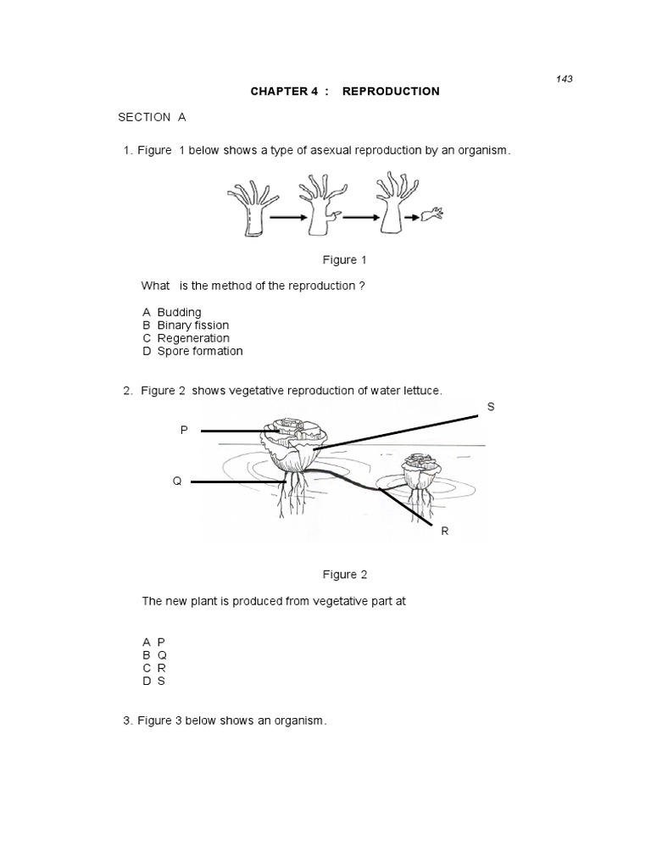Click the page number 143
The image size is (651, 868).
pyautogui.click(x=565, y=79)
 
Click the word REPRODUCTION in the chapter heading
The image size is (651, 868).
pyautogui.click(x=391, y=92)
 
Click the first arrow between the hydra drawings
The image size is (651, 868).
pyautogui.click(x=289, y=218)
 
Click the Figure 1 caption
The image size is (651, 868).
pyautogui.click(x=344, y=260)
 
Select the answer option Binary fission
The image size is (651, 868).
pyautogui.click(x=186, y=325)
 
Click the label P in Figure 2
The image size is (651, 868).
pyautogui.click(x=183, y=431)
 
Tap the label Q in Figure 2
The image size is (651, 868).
pyautogui.click(x=177, y=481)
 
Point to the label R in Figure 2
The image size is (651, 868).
pyautogui.click(x=443, y=531)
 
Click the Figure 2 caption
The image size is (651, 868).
pyautogui.click(x=344, y=575)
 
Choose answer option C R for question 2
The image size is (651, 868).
pyautogui.click(x=153, y=668)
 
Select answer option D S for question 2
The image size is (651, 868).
pyautogui.click(x=153, y=681)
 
